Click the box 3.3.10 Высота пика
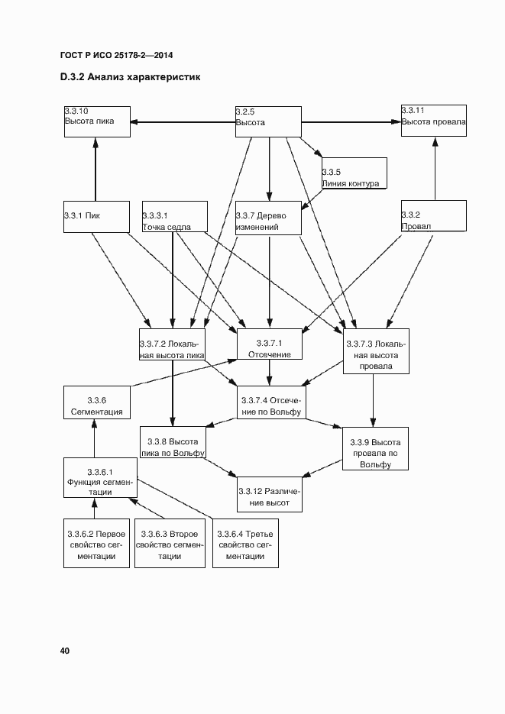click(96, 121)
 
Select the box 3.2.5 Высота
click(268, 121)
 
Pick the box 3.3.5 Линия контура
click(354, 173)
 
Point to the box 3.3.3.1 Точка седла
click(174, 216)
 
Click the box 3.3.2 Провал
click(433, 216)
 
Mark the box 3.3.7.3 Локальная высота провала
click(375, 352)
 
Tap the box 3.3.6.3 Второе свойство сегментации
click(170, 544)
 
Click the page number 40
click(65, 651)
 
